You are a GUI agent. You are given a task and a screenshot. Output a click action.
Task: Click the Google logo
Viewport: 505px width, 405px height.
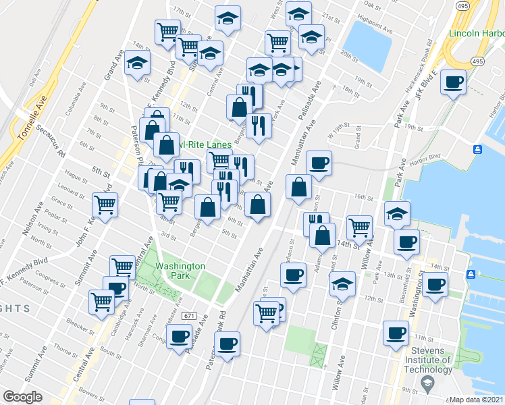coord(22,397)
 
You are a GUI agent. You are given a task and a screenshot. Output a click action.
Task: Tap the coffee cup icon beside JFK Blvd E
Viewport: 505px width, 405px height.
coord(452,82)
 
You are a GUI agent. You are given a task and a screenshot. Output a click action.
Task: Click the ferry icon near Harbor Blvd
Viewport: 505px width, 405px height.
coord(477,149)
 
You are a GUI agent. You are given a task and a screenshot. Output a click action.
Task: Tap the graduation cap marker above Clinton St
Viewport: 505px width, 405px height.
coord(343,284)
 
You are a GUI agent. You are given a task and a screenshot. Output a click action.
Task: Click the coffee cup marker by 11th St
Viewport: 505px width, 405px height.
coord(396,333)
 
